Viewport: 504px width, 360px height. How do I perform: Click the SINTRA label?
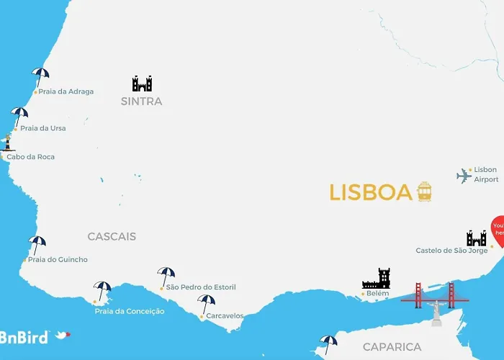click(x=142, y=102)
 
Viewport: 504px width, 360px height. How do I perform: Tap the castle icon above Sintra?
click(x=142, y=84)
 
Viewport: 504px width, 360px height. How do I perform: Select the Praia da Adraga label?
click(x=66, y=91)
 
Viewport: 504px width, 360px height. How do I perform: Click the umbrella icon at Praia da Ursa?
click(x=19, y=115)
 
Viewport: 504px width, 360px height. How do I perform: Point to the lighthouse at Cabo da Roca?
click(x=8, y=142)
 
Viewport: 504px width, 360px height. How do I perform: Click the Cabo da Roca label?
click(x=31, y=157)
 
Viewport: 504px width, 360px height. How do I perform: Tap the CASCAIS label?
click(x=112, y=236)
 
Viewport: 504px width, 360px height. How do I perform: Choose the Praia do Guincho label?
click(x=58, y=259)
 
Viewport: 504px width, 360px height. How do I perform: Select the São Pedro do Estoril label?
click(x=200, y=287)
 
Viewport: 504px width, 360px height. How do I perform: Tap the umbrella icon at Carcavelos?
click(x=207, y=302)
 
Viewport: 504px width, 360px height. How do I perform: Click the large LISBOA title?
click(x=371, y=192)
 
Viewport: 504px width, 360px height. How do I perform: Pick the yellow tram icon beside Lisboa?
click(x=424, y=192)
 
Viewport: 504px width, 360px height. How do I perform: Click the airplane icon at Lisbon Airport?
click(x=464, y=175)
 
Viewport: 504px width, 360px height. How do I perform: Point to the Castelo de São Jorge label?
click(x=456, y=251)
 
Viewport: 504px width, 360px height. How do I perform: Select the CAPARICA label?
click(x=392, y=347)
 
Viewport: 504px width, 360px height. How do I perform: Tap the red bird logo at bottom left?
click(x=63, y=336)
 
